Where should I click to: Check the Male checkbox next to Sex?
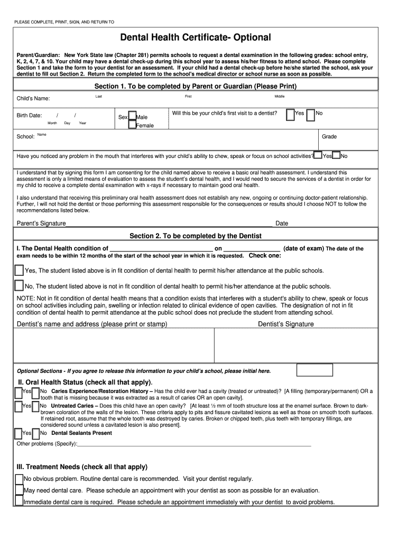click(x=132, y=116)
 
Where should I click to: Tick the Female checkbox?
click(x=132, y=125)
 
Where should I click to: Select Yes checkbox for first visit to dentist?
click(x=290, y=115)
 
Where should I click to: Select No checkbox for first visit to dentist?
click(x=311, y=115)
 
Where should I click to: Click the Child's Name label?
click(x=33, y=99)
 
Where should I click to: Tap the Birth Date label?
click(x=29, y=115)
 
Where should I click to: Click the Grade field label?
click(x=329, y=137)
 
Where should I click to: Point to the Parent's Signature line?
click(x=169, y=223)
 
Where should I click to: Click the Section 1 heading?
click(x=196, y=86)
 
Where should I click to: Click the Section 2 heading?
click(x=196, y=236)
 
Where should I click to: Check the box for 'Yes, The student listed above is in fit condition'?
click(x=19, y=270)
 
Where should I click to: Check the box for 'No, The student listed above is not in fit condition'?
click(x=19, y=286)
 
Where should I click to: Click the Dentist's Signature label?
click(x=285, y=324)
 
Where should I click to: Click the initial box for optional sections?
click(x=314, y=370)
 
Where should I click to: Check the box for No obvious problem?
click(x=19, y=479)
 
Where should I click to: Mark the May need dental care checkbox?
click(x=19, y=490)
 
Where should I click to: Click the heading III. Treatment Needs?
click(x=82, y=467)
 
